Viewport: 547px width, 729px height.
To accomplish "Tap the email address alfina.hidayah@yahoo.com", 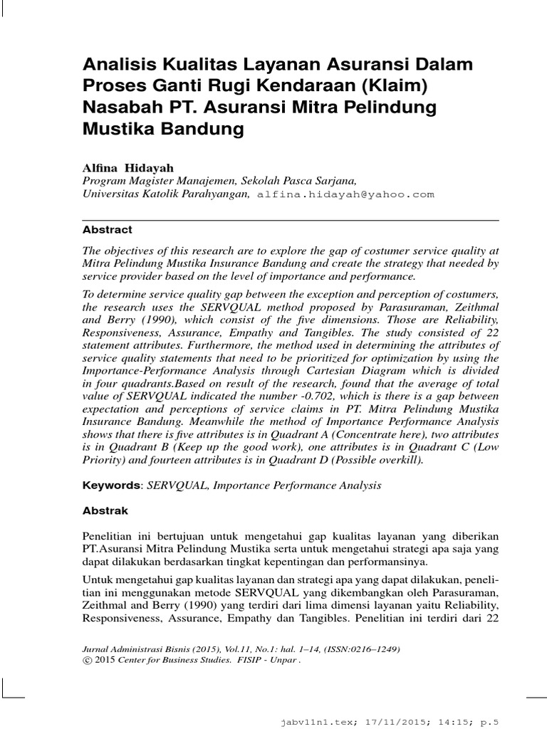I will coord(345,194).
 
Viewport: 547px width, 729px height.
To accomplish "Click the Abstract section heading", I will coord(107,230).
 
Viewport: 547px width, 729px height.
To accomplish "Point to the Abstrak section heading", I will coord(105,511).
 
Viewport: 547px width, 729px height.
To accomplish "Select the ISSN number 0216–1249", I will coord(370,649).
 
